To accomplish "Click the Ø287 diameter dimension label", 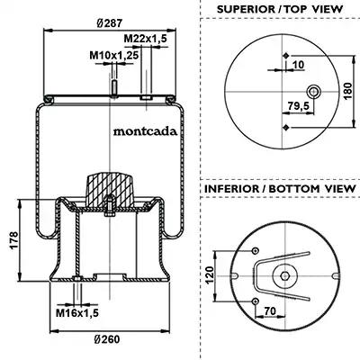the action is (110, 22).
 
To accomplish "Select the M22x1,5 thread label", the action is (146, 39).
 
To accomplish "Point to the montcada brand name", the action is (145, 131).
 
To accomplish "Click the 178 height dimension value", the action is (14, 239).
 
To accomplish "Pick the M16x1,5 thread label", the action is (77, 313).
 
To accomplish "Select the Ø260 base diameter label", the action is (107, 339).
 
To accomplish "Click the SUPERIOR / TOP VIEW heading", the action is (280, 9).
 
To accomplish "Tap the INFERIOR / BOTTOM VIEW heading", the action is (280, 189).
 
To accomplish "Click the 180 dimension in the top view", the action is (347, 91).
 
